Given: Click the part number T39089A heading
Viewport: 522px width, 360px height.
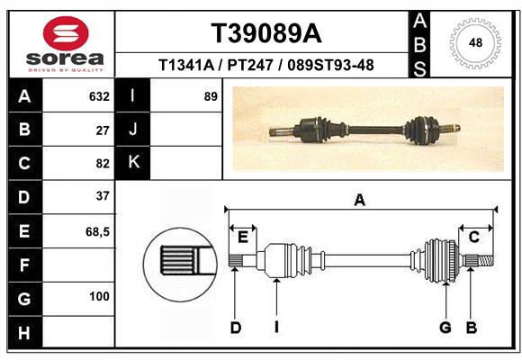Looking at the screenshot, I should tap(265, 33).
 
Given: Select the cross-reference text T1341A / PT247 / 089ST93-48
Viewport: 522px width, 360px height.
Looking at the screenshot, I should tap(265, 65).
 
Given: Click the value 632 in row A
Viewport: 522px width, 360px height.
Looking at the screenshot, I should tap(99, 96).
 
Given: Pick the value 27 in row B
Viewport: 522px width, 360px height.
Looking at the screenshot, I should tap(103, 130).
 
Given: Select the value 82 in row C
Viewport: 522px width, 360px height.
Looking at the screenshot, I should tap(103, 163).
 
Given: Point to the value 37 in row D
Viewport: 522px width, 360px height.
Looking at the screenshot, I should tap(103, 196).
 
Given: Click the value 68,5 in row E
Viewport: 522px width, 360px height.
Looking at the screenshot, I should tap(97, 230).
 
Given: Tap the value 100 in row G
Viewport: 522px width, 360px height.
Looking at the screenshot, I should tap(99, 296).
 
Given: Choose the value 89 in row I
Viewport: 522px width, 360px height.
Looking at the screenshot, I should tap(211, 96).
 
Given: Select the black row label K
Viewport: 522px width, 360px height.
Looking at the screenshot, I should tap(133, 163).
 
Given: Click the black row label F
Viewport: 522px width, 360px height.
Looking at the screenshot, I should tap(24, 264).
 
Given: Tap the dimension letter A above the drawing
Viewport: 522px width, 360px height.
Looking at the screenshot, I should tap(360, 201).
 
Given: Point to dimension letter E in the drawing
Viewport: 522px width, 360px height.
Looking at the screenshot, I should tap(242, 237).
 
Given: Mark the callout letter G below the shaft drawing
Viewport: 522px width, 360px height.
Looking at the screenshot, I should tap(445, 328).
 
